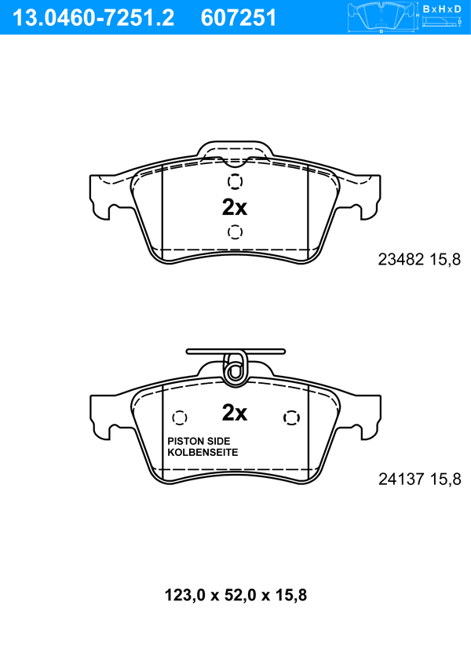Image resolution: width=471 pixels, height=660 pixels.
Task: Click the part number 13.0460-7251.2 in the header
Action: pos(93,18)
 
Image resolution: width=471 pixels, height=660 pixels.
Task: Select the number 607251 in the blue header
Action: pos(238,18)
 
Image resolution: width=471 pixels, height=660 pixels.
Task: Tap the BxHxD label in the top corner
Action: pos(442,9)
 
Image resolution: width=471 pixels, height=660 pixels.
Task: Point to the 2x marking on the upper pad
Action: pos(235,207)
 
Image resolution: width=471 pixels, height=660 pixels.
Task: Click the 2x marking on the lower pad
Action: pos(235,413)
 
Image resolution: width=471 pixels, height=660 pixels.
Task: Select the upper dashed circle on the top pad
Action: pos(235,182)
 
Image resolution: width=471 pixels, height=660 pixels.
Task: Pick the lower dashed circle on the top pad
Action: pos(235,232)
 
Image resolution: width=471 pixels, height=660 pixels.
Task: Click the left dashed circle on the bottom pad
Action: pos(180,418)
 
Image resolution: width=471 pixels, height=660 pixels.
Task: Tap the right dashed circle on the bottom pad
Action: pos(292,418)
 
